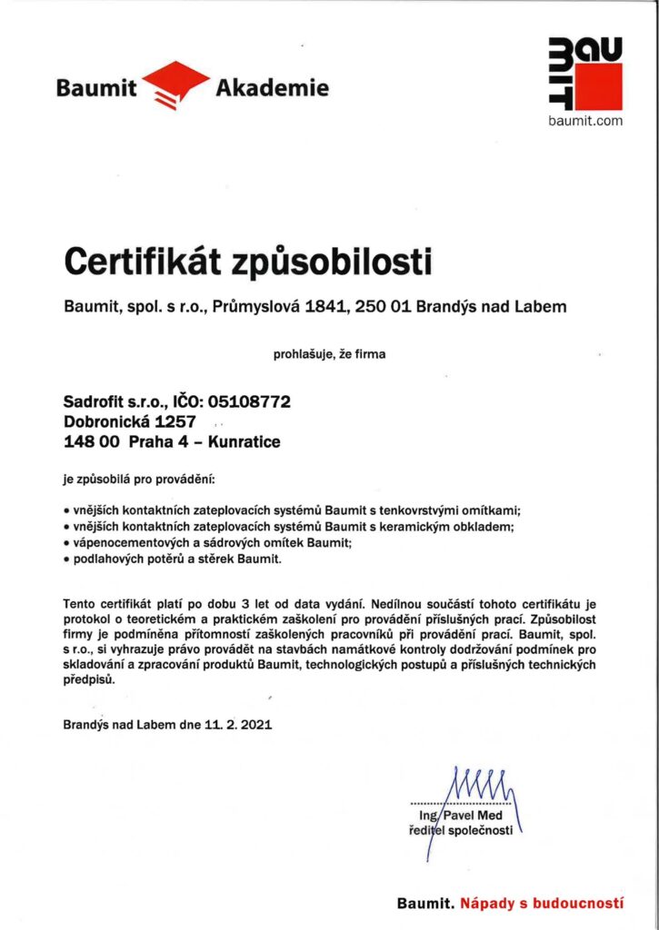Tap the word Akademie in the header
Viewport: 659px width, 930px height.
pos(272,88)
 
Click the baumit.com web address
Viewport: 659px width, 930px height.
pos(586,121)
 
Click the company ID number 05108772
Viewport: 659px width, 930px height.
pos(249,401)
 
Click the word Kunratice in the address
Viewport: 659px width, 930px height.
pos(245,442)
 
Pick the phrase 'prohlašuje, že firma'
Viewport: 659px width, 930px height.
pos(329,354)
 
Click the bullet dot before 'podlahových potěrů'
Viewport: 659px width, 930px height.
pos(66,559)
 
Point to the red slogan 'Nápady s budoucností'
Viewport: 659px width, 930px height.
pos(542,904)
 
